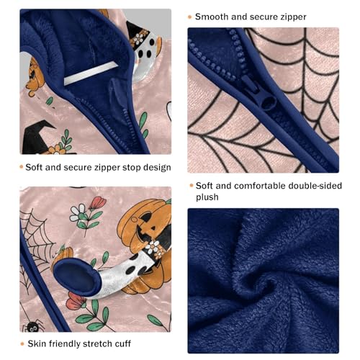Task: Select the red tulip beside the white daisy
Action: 99,203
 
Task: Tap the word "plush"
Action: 208,197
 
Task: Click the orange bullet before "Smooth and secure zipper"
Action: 190,16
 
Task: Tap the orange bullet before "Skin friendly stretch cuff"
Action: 23,344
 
